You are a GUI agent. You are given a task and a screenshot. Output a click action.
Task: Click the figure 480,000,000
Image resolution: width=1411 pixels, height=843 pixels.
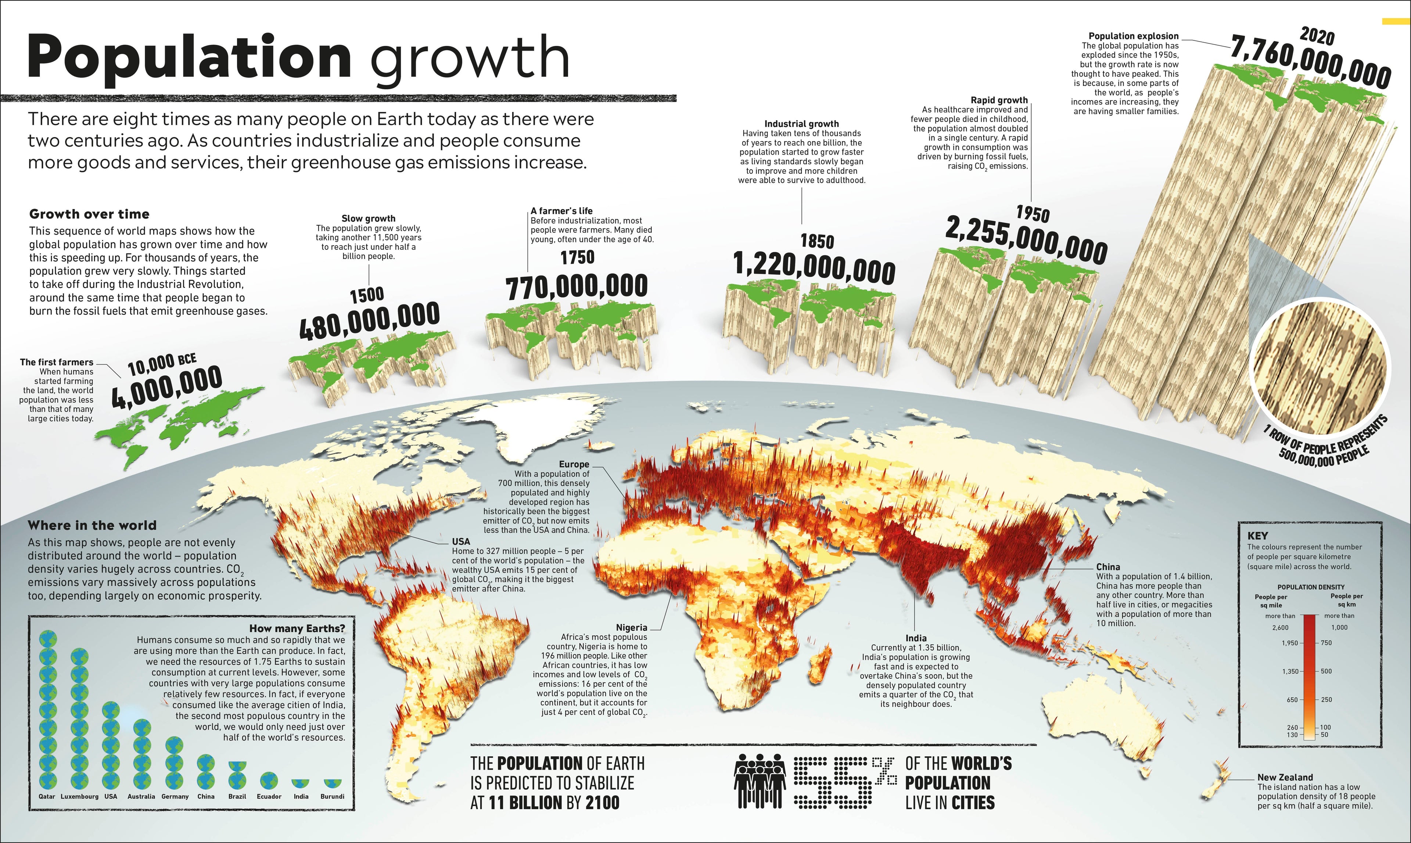(369, 321)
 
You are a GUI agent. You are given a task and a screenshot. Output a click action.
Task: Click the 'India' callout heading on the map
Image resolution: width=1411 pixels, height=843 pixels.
(916, 638)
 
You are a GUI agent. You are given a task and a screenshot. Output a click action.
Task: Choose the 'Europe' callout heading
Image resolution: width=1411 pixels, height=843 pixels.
(574, 464)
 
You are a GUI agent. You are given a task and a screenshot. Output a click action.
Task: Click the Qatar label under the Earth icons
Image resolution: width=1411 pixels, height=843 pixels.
(47, 796)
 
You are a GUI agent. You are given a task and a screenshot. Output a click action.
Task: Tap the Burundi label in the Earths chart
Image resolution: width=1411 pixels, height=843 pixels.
(333, 796)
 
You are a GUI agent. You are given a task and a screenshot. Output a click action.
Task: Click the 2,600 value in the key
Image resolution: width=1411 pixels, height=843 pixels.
(1280, 628)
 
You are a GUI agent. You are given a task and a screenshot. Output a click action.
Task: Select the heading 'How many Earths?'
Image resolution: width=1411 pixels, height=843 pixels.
(297, 628)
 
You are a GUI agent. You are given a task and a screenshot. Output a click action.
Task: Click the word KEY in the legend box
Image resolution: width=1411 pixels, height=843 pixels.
(1257, 535)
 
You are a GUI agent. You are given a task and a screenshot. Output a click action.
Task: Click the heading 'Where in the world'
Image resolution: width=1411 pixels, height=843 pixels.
(92, 526)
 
